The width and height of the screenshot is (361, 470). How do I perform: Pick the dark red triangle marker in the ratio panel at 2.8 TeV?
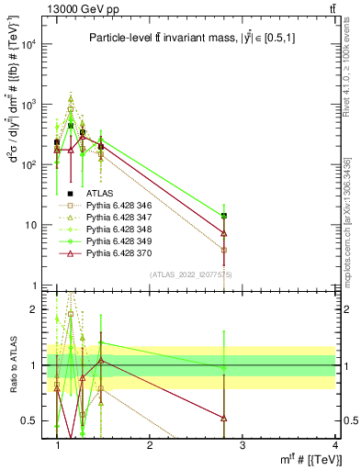pyautogui.click(x=223, y=418)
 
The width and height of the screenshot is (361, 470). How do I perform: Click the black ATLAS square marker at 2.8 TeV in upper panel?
pyautogui.click(x=223, y=216)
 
